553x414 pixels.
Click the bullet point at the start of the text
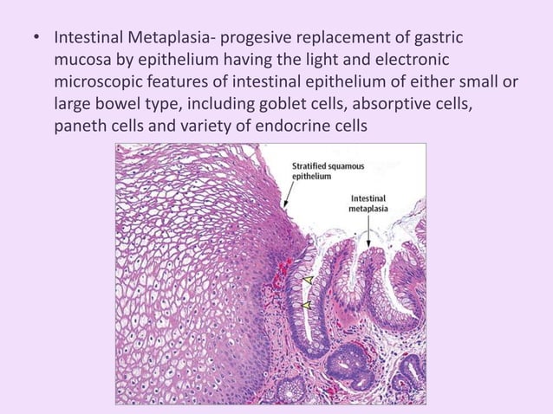point(36,40)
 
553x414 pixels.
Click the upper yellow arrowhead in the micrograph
point(307,280)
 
